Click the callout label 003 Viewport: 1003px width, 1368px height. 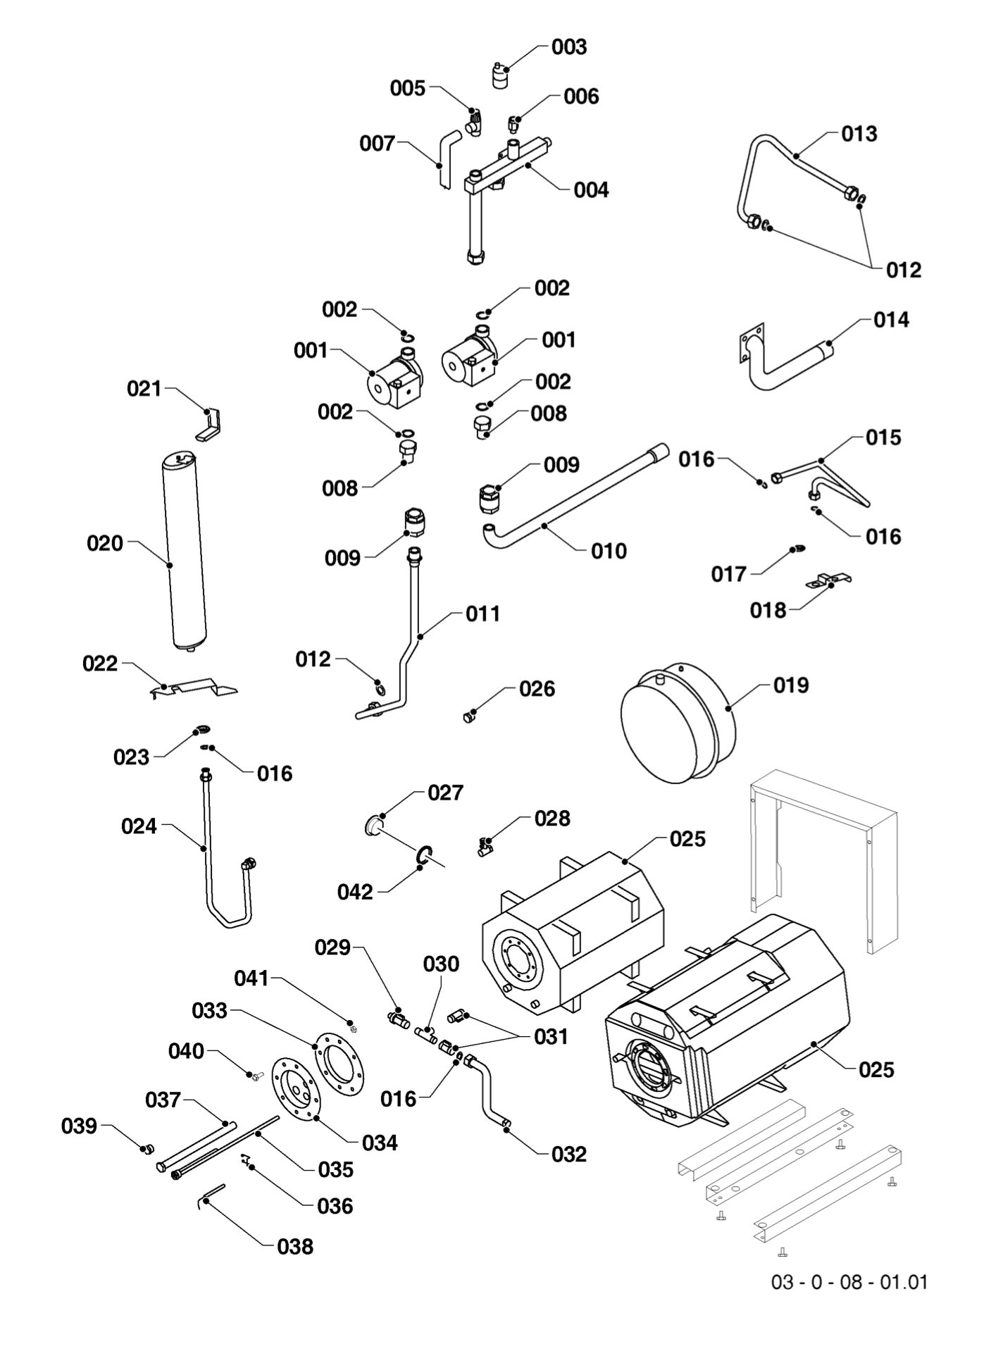(x=568, y=47)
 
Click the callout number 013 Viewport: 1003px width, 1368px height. (x=859, y=134)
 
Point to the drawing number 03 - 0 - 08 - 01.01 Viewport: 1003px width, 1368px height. (x=849, y=1281)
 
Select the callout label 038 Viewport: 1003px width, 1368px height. (x=294, y=1246)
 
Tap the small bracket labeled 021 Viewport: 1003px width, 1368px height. (x=211, y=425)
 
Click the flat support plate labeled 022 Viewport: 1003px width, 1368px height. (x=194, y=688)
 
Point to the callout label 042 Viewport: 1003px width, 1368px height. (x=355, y=892)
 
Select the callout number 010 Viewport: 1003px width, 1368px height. (x=609, y=551)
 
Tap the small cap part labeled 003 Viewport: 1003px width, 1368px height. (x=500, y=76)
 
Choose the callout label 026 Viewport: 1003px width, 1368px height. (x=537, y=689)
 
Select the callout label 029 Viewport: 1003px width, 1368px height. (x=332, y=947)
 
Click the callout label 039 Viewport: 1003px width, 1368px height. (x=79, y=1126)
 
